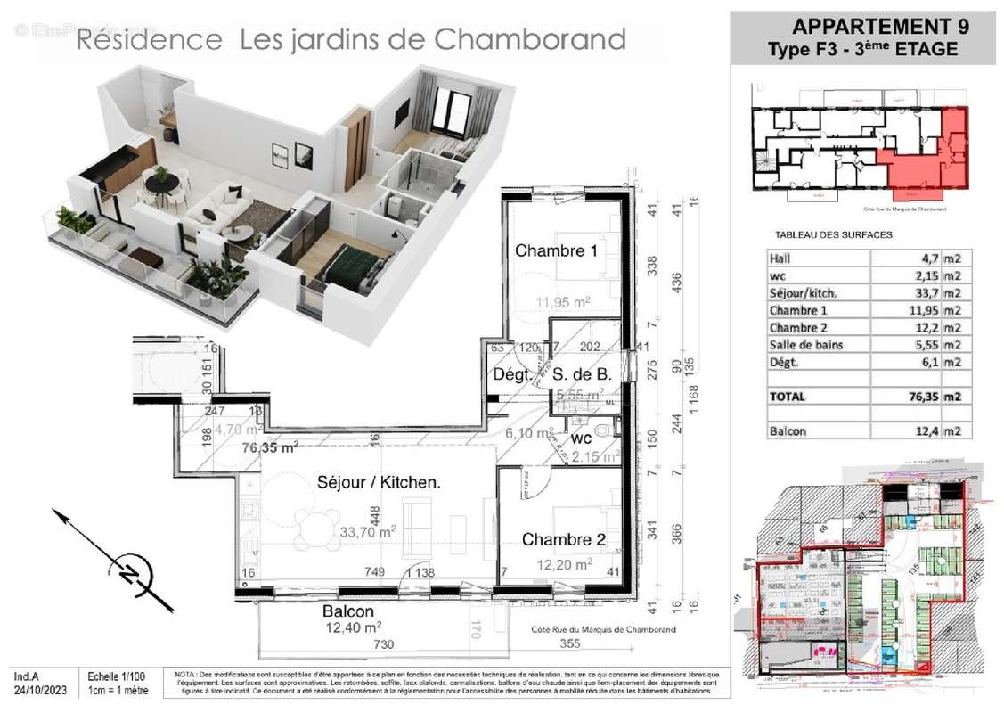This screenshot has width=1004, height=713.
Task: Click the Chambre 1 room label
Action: pos(556,250)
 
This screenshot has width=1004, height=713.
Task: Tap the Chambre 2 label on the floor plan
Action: pos(557,539)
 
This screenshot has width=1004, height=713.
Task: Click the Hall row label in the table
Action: pos(780,258)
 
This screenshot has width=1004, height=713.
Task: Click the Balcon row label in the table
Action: pos(788,431)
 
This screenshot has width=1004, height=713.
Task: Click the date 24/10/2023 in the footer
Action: pos(42,690)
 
